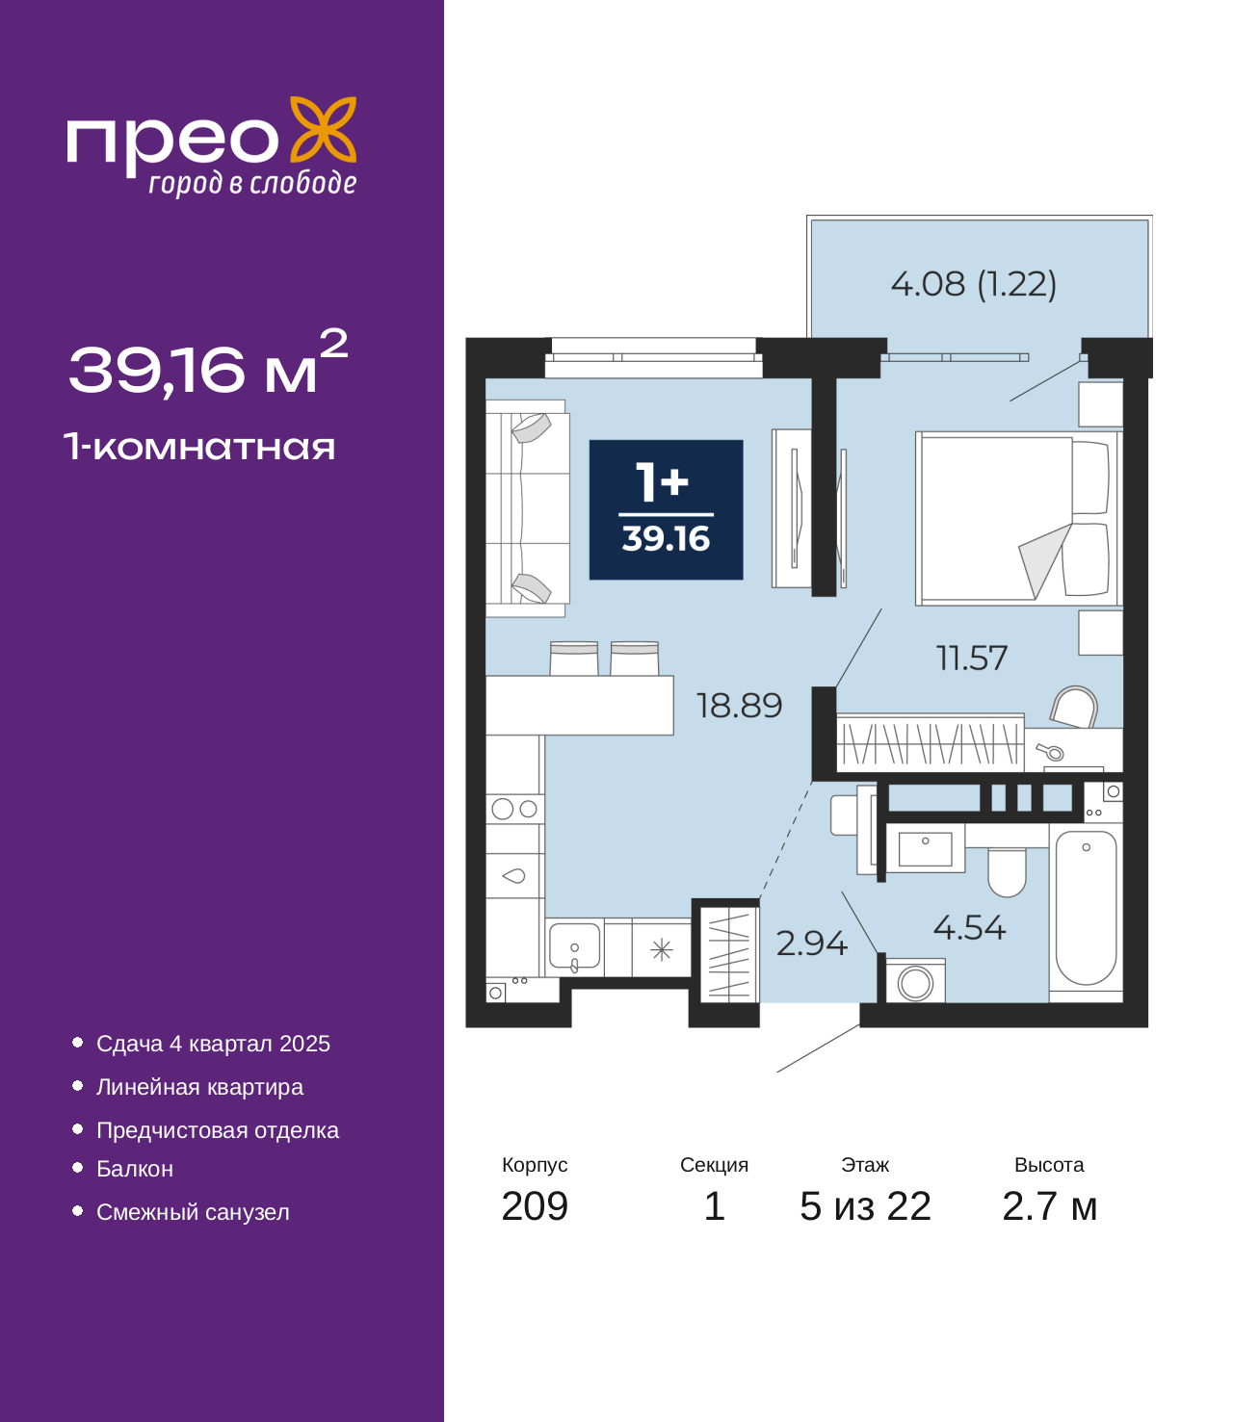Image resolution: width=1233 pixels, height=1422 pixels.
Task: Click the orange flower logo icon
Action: [x=323, y=129]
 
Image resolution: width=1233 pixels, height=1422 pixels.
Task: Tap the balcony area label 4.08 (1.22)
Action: [x=974, y=283]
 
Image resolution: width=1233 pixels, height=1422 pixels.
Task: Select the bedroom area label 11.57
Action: [x=971, y=658]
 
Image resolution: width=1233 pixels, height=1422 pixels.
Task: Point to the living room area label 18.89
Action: [x=739, y=705]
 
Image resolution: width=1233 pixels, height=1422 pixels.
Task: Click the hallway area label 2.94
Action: [x=811, y=944]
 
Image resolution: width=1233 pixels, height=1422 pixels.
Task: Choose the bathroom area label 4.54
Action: [x=969, y=927]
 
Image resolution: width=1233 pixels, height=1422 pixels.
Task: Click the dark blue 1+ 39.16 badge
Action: [x=666, y=509]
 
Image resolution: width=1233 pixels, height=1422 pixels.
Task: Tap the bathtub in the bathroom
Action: [x=1086, y=908]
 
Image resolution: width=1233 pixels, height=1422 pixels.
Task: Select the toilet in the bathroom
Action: [x=1007, y=871]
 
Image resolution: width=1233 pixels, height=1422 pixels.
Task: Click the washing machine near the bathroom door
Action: [x=915, y=982]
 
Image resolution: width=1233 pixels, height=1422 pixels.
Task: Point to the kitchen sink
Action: [x=574, y=946]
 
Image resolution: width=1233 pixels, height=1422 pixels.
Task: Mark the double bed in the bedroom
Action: [x=1017, y=519]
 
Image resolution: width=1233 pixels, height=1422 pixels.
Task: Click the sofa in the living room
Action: [x=527, y=507]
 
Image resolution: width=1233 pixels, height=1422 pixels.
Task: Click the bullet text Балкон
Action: [x=134, y=1169]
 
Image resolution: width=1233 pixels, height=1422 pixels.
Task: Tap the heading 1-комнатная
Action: [x=199, y=447]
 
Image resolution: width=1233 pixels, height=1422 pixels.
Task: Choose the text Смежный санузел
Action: [x=193, y=1212]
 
